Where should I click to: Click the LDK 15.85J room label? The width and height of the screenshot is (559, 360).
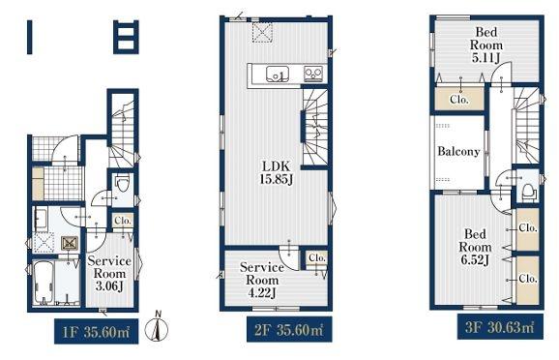point(277,172)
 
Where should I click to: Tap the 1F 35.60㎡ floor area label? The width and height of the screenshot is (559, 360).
point(97,332)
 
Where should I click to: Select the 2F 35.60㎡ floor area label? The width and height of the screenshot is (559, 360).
point(289,330)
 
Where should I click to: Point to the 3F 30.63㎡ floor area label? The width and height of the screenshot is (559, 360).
point(500,326)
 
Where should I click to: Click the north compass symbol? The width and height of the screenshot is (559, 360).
point(157,326)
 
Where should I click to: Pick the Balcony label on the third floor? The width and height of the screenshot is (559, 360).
point(458,152)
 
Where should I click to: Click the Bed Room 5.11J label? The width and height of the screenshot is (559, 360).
point(486,45)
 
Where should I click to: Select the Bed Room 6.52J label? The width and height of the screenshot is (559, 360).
point(475,247)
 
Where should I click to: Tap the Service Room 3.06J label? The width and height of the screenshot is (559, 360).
point(109,274)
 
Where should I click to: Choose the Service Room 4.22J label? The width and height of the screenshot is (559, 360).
point(262,280)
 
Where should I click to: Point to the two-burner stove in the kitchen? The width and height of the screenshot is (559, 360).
point(313,75)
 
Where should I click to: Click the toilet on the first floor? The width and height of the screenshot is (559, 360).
point(122,184)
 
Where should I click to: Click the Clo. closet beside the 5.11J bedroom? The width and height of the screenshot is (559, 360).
point(459,99)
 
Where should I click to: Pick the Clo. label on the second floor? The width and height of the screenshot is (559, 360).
point(317,257)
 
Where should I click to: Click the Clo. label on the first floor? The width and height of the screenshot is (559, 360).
point(123,221)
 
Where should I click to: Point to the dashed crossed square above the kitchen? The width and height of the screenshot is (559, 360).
point(262,33)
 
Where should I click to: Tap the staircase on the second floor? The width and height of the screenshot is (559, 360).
point(315,127)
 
